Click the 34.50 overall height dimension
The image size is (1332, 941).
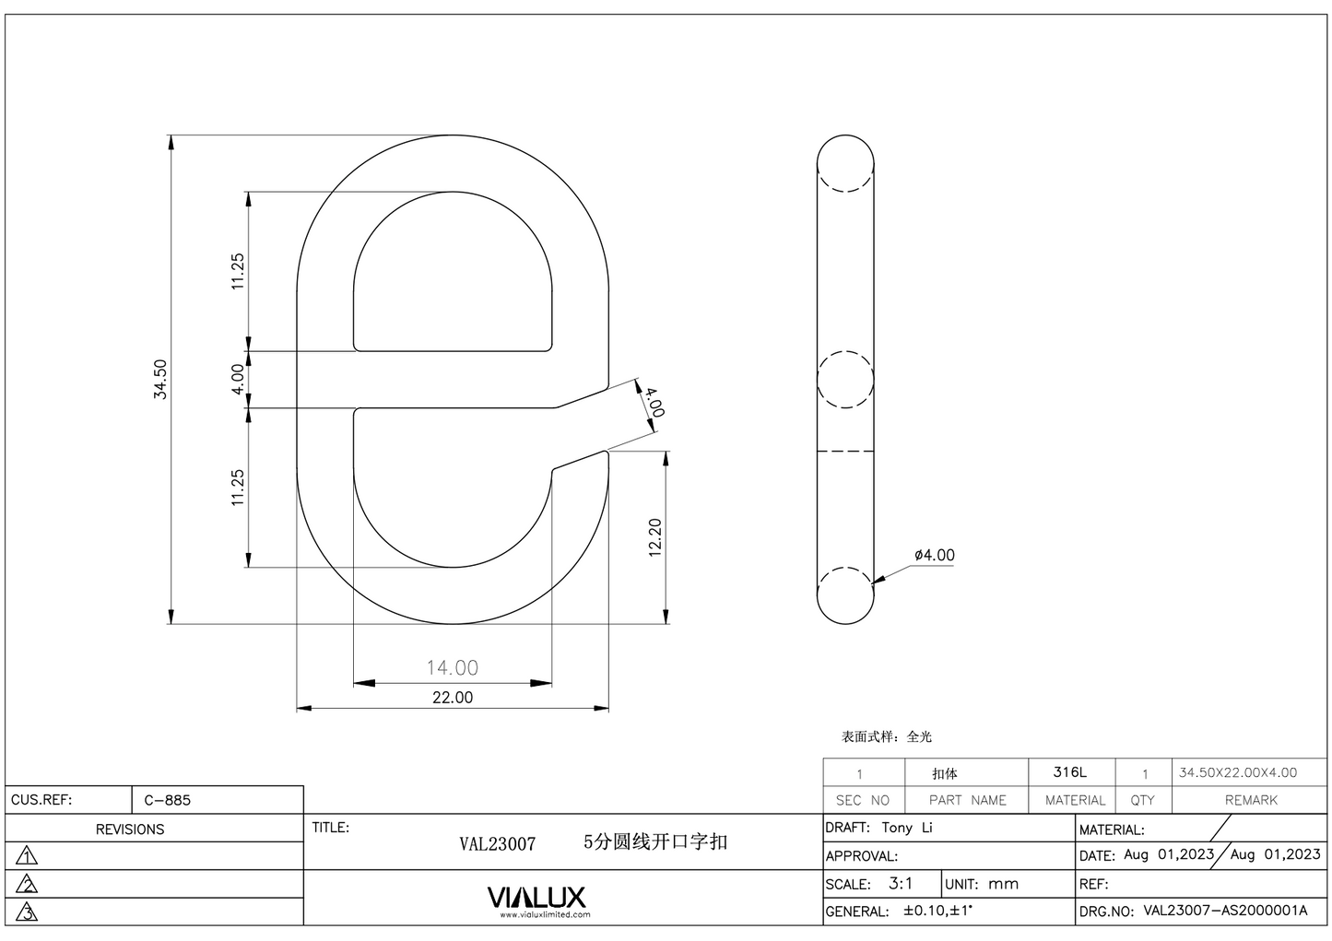[160, 379]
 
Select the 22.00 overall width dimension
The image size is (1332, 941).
[452, 698]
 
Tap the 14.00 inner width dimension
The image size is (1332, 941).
[452, 667]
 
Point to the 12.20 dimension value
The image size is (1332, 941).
[655, 537]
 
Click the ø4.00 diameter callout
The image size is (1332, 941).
[934, 555]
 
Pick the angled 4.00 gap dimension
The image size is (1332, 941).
[653, 403]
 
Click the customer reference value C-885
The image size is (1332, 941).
[167, 800]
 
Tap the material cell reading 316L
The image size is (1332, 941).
[1069, 772]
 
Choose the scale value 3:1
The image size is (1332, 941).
[901, 883]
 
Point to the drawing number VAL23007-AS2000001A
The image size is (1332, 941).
[1225, 911]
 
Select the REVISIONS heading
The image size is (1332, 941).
[130, 829]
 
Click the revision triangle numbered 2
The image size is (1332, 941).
[28, 885]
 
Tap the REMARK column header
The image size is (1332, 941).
[1250, 800]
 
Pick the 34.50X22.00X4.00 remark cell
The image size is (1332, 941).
[1237, 772]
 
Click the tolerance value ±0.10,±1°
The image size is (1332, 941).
[937, 911]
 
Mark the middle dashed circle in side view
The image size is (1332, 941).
[845, 379]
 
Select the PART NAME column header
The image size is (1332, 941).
[967, 800]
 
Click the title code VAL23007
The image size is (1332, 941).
[497, 843]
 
